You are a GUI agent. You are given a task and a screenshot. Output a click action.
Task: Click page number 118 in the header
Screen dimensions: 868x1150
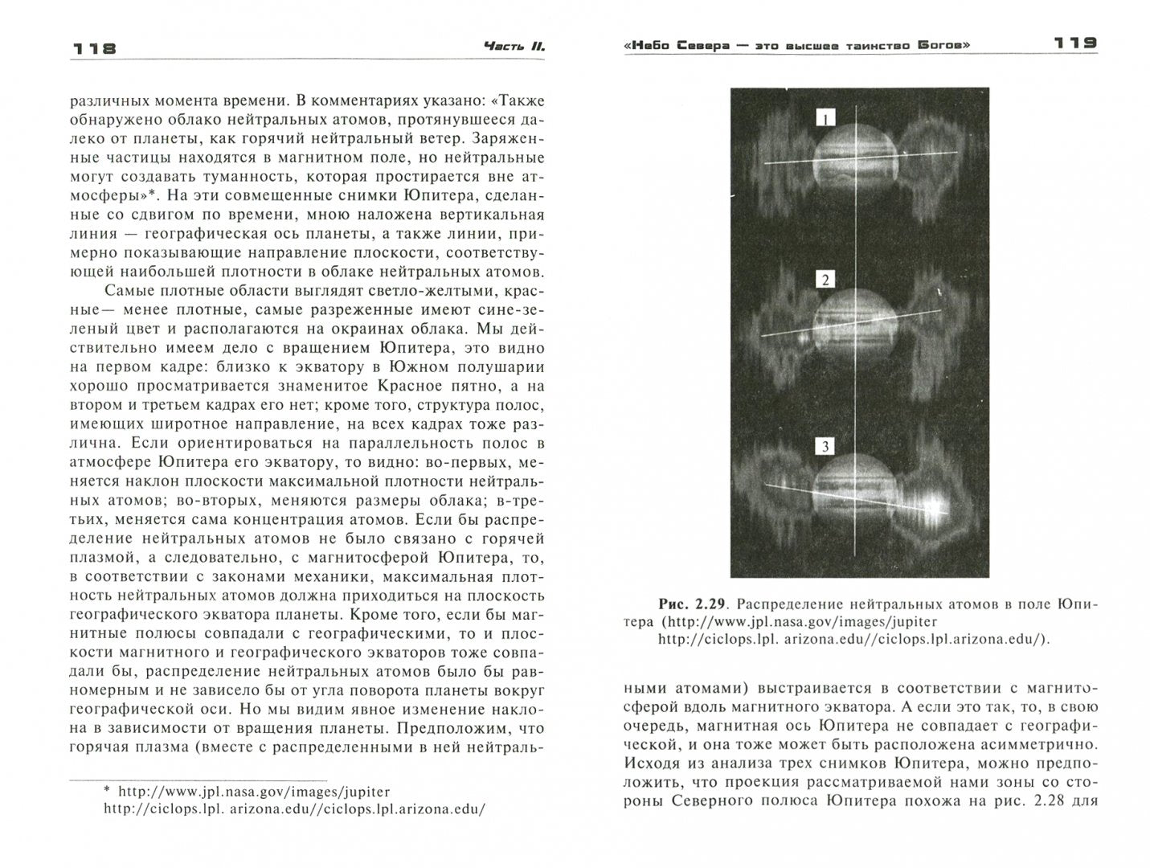click(94, 48)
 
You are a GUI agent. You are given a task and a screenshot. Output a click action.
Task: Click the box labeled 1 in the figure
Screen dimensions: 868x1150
click(825, 119)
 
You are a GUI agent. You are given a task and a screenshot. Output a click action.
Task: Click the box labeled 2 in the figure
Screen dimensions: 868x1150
click(825, 280)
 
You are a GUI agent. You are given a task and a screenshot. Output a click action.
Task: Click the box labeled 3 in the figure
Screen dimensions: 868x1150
click(825, 447)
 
